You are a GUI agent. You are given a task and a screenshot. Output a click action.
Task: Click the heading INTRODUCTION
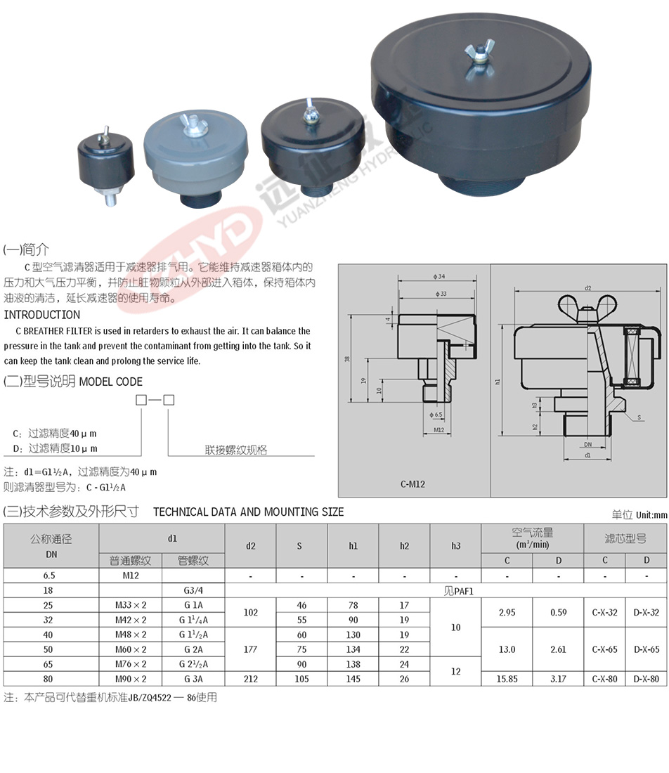[42, 315]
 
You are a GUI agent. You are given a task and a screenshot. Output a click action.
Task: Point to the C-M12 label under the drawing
[412, 484]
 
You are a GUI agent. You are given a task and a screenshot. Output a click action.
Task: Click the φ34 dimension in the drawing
[439, 277]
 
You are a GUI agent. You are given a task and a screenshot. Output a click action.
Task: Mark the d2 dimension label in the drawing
[587, 288]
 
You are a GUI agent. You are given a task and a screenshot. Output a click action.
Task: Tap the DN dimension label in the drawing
[587, 444]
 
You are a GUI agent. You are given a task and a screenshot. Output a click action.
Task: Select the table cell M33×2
[131, 605]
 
